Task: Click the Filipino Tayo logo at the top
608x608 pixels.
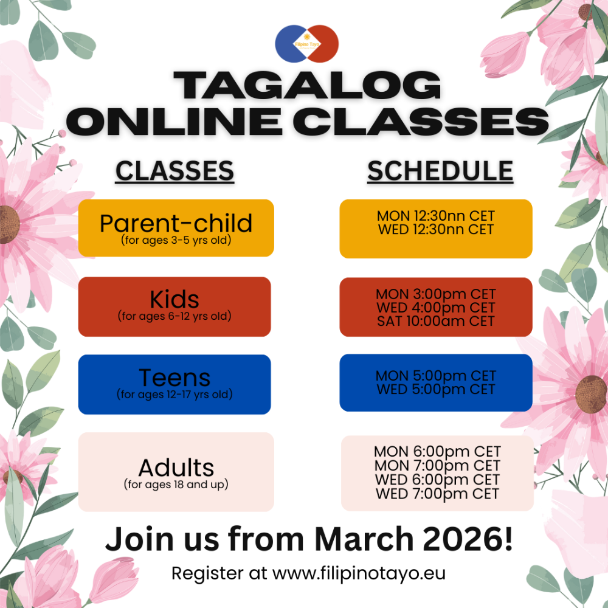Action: click(x=306, y=44)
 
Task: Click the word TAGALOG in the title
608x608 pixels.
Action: click(x=307, y=86)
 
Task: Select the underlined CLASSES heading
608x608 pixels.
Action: click(x=175, y=171)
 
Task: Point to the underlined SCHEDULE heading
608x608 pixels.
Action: click(x=440, y=171)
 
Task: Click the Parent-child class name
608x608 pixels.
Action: click(x=176, y=223)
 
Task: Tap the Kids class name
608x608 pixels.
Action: click(x=174, y=300)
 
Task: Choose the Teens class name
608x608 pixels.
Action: click(x=174, y=378)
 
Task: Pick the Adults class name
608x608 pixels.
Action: click(x=176, y=468)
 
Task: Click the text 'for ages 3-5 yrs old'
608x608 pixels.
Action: click(x=176, y=240)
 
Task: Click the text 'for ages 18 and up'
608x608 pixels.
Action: click(x=176, y=485)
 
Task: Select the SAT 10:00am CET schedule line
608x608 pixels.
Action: click(x=436, y=321)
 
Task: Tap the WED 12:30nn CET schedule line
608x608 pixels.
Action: click(x=436, y=229)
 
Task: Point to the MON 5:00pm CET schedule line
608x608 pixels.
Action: click(x=436, y=375)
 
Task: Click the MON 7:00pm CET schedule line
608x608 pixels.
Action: click(x=437, y=465)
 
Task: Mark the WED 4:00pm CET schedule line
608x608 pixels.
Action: click(x=436, y=308)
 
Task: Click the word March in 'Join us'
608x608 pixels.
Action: click(x=364, y=539)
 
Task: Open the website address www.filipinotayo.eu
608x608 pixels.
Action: click(x=359, y=573)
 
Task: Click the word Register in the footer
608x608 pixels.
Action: click(x=207, y=574)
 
